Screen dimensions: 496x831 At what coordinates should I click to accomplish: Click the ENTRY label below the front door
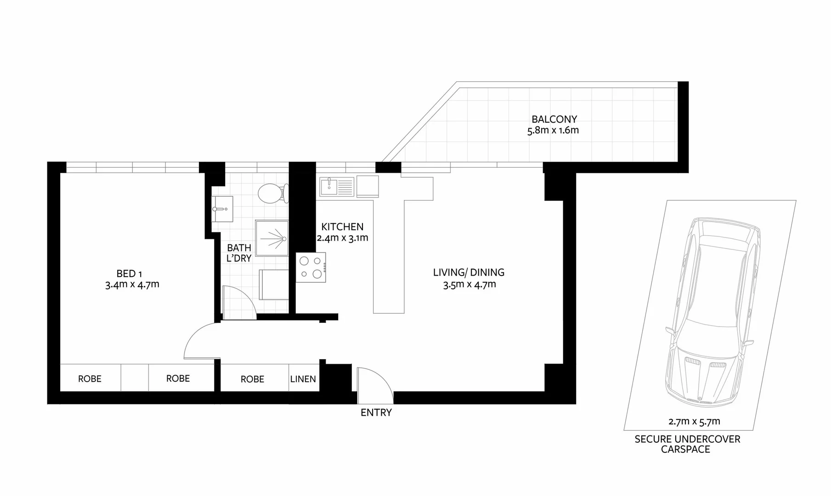(x=376, y=412)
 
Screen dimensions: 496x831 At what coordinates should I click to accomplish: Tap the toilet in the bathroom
(x=271, y=193)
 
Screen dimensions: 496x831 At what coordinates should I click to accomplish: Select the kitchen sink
(x=337, y=187)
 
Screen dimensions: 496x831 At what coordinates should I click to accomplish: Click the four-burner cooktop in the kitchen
(x=311, y=267)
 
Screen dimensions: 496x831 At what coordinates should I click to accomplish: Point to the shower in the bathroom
(x=271, y=238)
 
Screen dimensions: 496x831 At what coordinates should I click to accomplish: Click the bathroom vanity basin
(x=222, y=209)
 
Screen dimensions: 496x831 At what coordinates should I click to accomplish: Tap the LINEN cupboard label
(x=303, y=379)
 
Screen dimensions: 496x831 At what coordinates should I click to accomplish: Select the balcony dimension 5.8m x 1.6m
(x=553, y=130)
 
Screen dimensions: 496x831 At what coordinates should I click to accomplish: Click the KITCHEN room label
(x=342, y=226)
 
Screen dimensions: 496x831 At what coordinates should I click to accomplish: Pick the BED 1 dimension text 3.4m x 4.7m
(x=132, y=284)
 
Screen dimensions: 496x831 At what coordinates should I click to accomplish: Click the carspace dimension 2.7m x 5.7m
(x=694, y=421)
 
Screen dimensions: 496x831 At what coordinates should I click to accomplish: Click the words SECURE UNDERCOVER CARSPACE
(x=687, y=444)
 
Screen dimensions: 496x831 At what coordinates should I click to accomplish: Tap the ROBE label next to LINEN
(x=252, y=379)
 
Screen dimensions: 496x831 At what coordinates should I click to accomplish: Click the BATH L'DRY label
(x=239, y=253)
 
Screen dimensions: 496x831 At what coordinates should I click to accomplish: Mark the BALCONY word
(x=554, y=119)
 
